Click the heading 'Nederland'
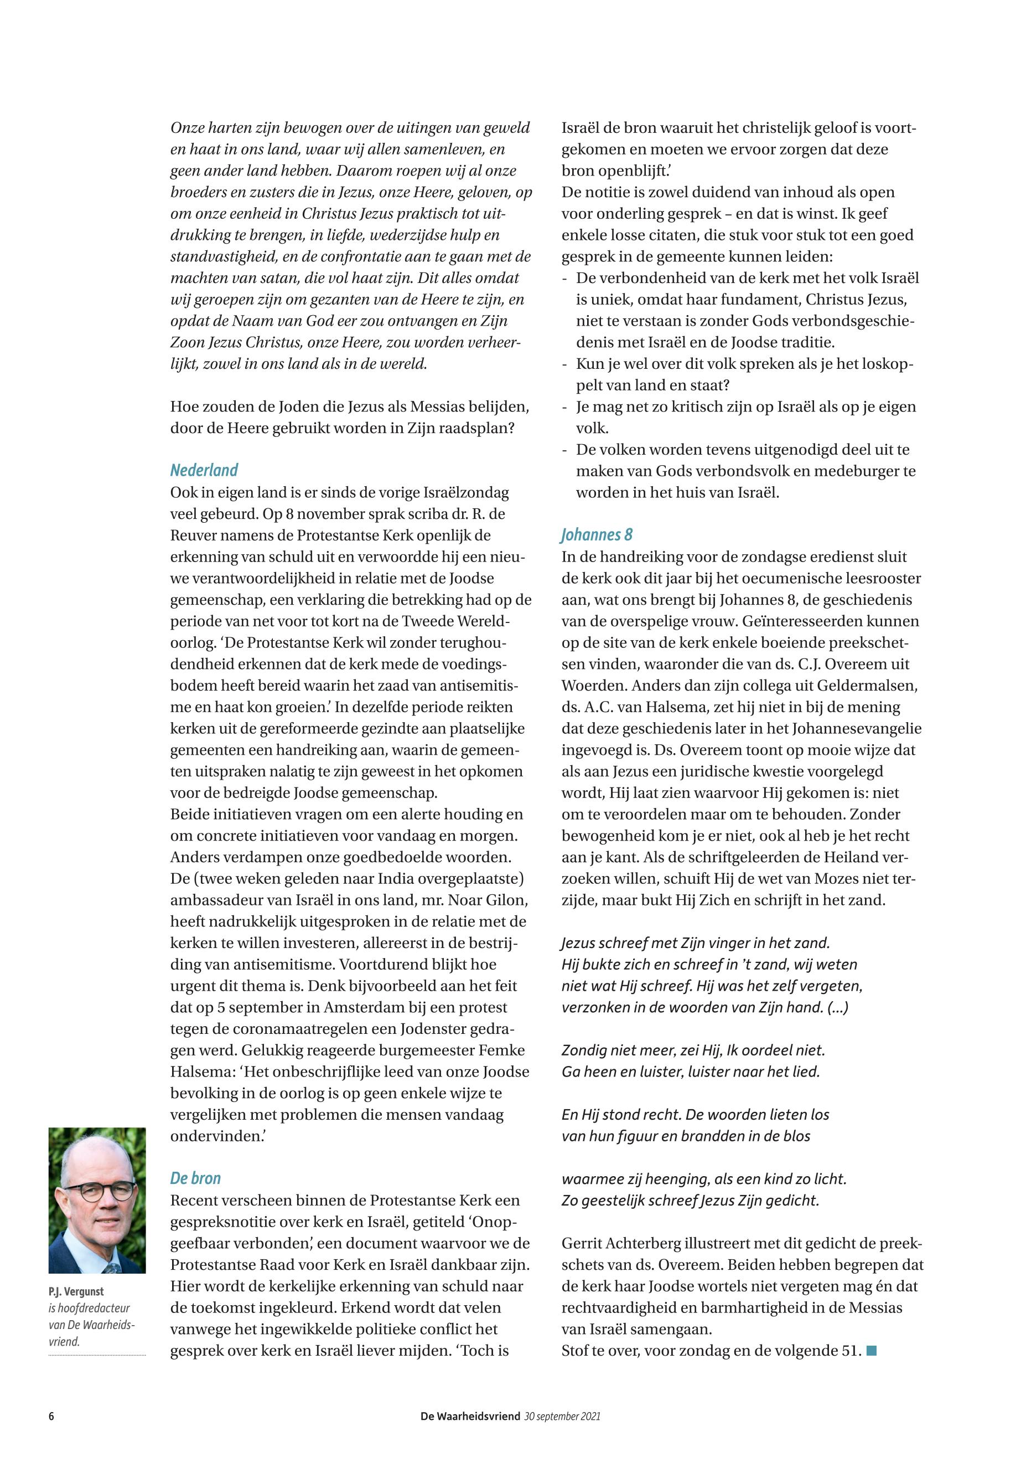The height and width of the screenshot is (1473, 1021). point(204,471)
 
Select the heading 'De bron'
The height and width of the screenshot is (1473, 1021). point(195,1178)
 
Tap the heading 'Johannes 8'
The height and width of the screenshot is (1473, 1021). point(596,534)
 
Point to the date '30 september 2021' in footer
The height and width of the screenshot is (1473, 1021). point(562,1416)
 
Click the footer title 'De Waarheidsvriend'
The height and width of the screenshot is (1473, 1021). point(470,1416)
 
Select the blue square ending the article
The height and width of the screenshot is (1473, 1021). point(870,1351)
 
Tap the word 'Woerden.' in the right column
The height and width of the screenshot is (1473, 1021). point(594,686)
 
